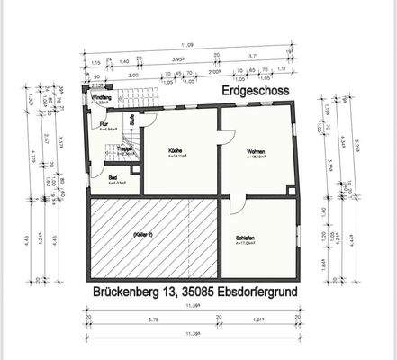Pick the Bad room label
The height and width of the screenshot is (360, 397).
(113, 178)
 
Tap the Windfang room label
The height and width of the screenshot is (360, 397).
(102, 97)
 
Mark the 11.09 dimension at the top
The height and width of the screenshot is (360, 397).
(190, 43)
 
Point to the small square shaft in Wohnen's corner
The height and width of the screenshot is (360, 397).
(290, 190)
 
